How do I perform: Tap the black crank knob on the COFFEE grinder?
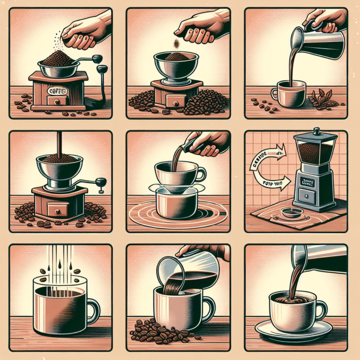pyautogui.click(x=97, y=59)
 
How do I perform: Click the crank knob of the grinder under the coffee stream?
pyautogui.click(x=100, y=181)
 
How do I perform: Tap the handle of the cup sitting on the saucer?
pyautogui.click(x=322, y=309)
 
